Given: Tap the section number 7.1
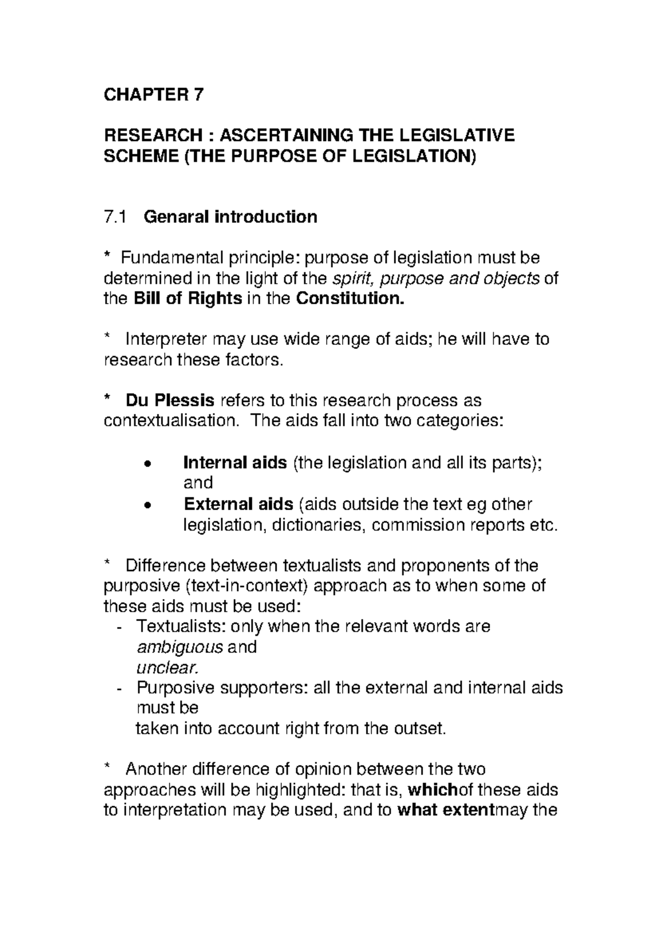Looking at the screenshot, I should click(x=114, y=217).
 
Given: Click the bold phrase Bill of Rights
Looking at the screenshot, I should click(x=188, y=299).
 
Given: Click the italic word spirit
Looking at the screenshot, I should click(x=354, y=279).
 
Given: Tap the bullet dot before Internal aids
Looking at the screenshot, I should click(x=146, y=464).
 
